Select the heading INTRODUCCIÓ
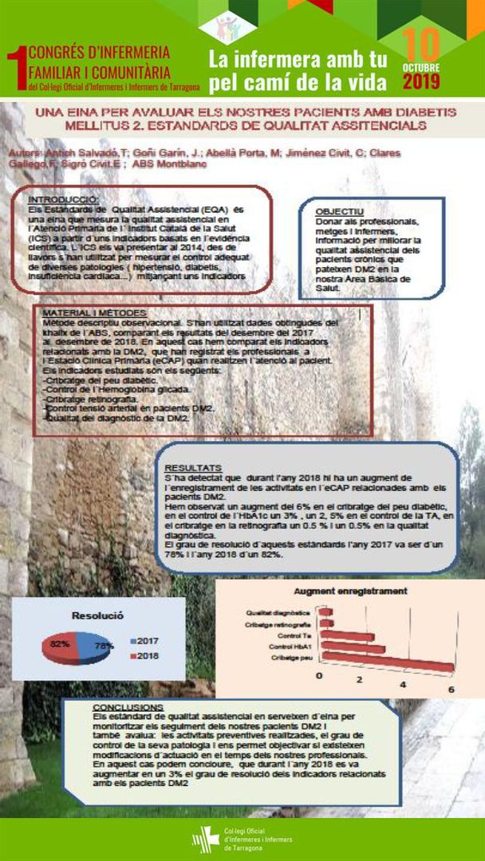pos(63,199)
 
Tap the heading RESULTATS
pos(194,467)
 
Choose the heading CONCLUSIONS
pos(128,707)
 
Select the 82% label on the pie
pos(60,643)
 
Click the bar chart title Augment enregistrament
pos(350,592)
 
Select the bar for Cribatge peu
pos(386,662)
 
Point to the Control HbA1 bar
pos(352,649)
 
